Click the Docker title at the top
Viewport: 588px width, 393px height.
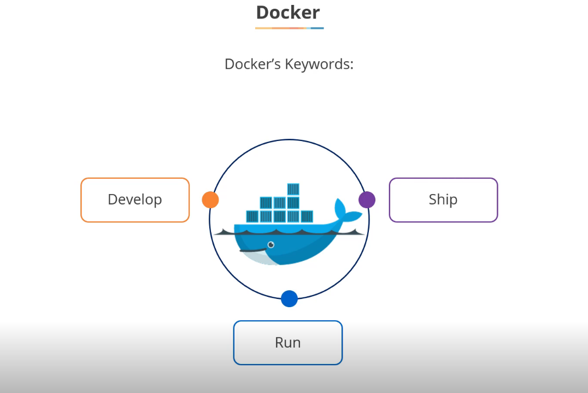pyautogui.click(x=288, y=12)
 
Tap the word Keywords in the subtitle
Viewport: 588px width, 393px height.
pyautogui.click(x=322, y=64)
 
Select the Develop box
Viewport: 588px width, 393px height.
pyautogui.click(x=135, y=200)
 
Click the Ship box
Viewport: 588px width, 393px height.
pyautogui.click(x=443, y=200)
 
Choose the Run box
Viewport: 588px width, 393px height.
pyautogui.click(x=288, y=343)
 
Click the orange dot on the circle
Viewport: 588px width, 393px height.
pyautogui.click(x=210, y=200)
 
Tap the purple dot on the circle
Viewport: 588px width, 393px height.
pyautogui.click(x=367, y=200)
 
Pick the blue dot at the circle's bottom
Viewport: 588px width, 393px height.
pyautogui.click(x=289, y=299)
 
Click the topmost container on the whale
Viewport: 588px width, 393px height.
pyautogui.click(x=293, y=189)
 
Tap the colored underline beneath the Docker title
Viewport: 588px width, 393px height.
pyautogui.click(x=289, y=28)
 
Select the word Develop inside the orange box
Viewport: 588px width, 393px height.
pyautogui.click(x=135, y=200)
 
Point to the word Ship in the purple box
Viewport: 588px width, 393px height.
pyautogui.click(x=443, y=200)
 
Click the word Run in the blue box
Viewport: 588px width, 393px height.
pyautogui.click(x=288, y=343)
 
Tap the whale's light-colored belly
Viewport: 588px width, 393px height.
pyautogui.click(x=257, y=257)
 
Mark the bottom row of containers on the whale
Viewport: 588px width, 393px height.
pyautogui.click(x=280, y=216)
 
